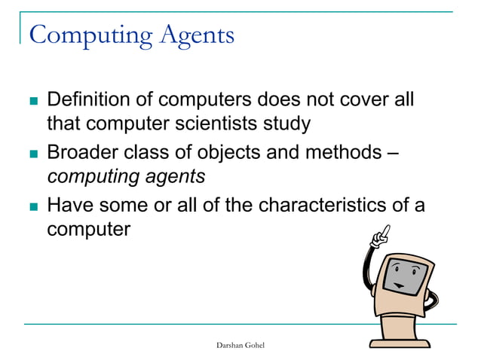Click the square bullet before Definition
(32, 101)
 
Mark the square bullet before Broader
(32, 154)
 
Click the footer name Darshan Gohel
(240, 344)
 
